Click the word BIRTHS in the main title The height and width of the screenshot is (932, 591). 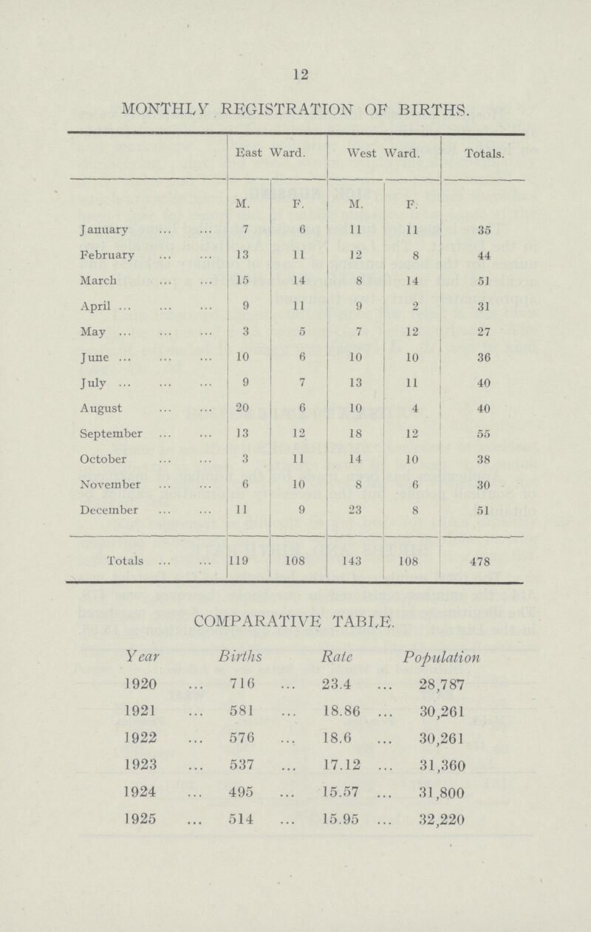coord(438,114)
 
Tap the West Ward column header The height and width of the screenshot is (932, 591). coord(384,156)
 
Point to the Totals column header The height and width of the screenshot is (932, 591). coord(485,156)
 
